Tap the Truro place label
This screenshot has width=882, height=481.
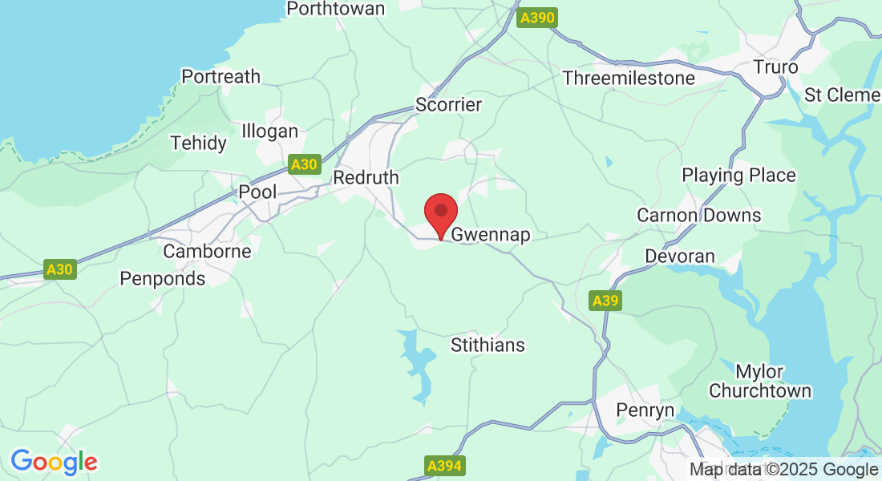click(x=775, y=67)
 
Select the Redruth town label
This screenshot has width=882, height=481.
click(x=366, y=177)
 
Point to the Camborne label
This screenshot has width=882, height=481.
click(x=207, y=251)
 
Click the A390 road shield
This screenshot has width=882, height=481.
click(x=536, y=18)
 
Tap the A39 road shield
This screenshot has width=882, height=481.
click(x=605, y=301)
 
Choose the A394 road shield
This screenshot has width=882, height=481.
click(x=444, y=466)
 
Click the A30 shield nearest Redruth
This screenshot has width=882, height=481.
click(x=304, y=164)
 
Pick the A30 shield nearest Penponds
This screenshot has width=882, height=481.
click(x=59, y=269)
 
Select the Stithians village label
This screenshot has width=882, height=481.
click(x=488, y=346)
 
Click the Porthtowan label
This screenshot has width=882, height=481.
click(x=336, y=9)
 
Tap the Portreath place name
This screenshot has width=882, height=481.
click(x=220, y=77)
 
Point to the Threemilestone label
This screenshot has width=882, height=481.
click(x=629, y=78)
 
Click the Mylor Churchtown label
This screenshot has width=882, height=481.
click(x=760, y=382)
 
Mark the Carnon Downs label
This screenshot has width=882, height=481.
click(x=698, y=216)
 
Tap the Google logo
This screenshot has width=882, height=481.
click(x=54, y=462)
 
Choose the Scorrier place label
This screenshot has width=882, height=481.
click(x=448, y=105)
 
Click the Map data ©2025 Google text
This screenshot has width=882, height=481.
click(x=783, y=470)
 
